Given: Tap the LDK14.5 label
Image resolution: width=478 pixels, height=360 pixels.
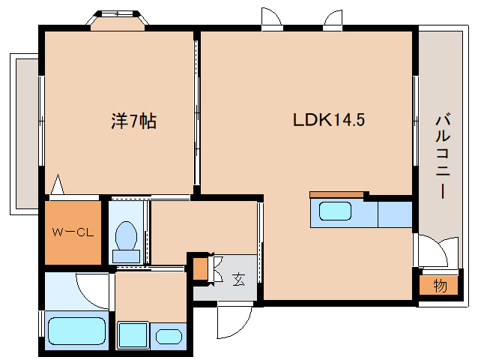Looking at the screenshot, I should [x=328, y=120].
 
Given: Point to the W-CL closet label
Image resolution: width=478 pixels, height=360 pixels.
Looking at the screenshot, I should [x=72, y=232].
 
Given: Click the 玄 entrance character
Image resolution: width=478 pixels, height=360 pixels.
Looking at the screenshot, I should [x=238, y=279].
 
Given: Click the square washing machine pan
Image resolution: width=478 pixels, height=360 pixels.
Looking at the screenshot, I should [x=133, y=334].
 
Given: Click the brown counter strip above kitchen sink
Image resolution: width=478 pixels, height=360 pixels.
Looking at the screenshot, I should [x=336, y=194].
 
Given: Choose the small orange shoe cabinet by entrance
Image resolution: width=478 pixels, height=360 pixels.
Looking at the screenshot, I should [x=200, y=268].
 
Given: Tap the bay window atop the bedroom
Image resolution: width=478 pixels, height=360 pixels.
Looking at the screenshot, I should [x=116, y=19].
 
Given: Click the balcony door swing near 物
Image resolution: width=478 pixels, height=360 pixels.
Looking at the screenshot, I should [x=436, y=250].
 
